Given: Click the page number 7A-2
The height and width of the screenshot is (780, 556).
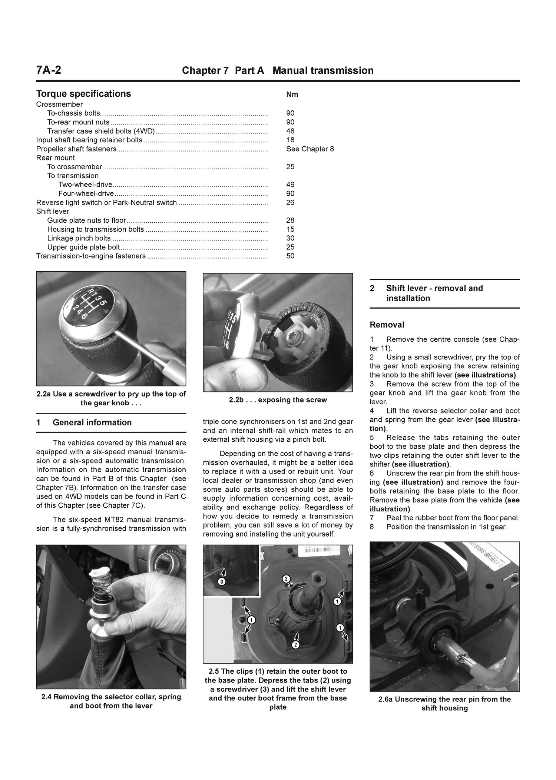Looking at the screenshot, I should click(49, 70).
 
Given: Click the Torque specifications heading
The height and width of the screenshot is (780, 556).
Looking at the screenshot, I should click(83, 94).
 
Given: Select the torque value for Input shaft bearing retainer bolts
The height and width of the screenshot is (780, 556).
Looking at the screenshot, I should click(290, 140).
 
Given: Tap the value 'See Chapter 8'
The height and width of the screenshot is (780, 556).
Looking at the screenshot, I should click(310, 149).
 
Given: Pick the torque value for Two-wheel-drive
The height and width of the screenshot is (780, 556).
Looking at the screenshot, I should click(290, 185).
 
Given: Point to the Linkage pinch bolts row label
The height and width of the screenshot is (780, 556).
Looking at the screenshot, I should click(79, 238).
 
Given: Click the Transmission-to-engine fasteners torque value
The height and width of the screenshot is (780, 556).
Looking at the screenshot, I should click(290, 256).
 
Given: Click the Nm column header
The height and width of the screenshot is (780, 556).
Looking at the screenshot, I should click(292, 94).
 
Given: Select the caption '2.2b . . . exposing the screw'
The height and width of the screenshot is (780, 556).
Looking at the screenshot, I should click(278, 400).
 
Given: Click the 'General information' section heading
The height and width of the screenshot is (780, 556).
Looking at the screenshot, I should click(92, 422).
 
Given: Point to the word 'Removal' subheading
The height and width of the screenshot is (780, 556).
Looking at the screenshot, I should click(387, 325).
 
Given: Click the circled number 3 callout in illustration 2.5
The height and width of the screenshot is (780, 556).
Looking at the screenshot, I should click(222, 582).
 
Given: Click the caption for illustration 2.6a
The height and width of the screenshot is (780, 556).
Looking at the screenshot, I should click(444, 704).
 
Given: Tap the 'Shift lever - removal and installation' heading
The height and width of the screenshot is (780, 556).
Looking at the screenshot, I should click(434, 293).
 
